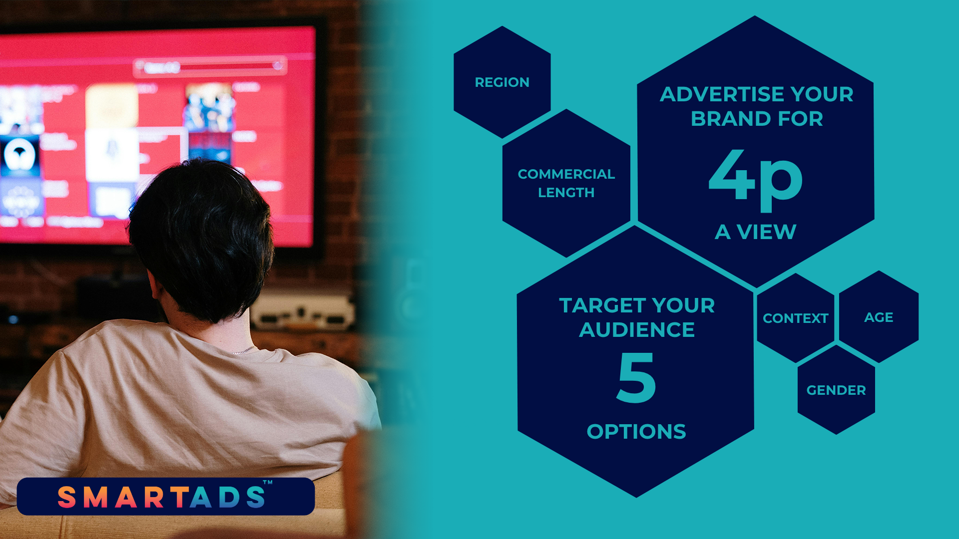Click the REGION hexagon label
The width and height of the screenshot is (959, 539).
click(502, 82)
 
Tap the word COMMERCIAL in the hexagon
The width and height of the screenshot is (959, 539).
click(566, 174)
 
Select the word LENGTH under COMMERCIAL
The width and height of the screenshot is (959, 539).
click(566, 193)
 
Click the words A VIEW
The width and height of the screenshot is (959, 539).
click(755, 232)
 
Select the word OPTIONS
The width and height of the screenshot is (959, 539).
click(636, 432)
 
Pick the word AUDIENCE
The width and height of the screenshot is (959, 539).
click(637, 330)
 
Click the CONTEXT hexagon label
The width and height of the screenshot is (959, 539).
click(796, 318)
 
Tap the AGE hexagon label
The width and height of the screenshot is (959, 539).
click(879, 317)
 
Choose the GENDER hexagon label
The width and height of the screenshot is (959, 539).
click(836, 390)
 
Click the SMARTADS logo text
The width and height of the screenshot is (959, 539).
click(161, 497)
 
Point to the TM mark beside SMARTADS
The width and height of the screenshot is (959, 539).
click(268, 483)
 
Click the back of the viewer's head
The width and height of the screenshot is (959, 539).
click(200, 235)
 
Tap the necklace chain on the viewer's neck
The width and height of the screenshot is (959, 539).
click(243, 350)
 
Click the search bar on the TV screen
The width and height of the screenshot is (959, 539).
click(210, 67)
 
